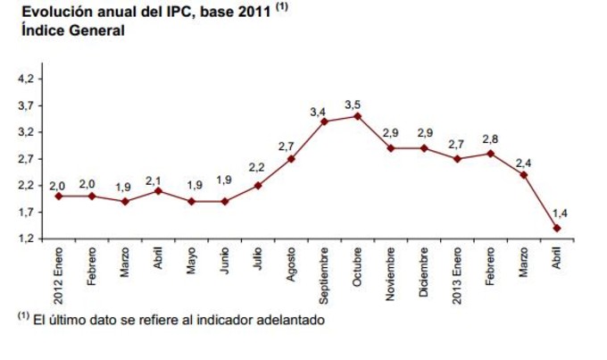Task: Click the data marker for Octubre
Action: pyautogui.click(x=357, y=115)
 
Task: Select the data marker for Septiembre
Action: pyautogui.click(x=324, y=121)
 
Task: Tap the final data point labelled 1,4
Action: pyautogui.click(x=557, y=228)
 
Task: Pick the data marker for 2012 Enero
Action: pyautogui.click(x=58, y=196)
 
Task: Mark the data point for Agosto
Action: pyautogui.click(x=291, y=158)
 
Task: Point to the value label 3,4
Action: pyautogui.click(x=318, y=111)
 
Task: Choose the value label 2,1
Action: pyautogui.click(x=153, y=180)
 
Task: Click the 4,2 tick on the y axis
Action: pyautogui.click(x=26, y=79)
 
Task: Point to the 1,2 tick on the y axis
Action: pyautogui.click(x=26, y=239)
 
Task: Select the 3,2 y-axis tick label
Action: pyautogui.click(x=26, y=132)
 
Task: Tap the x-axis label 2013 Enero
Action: pyautogui.click(x=457, y=272)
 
